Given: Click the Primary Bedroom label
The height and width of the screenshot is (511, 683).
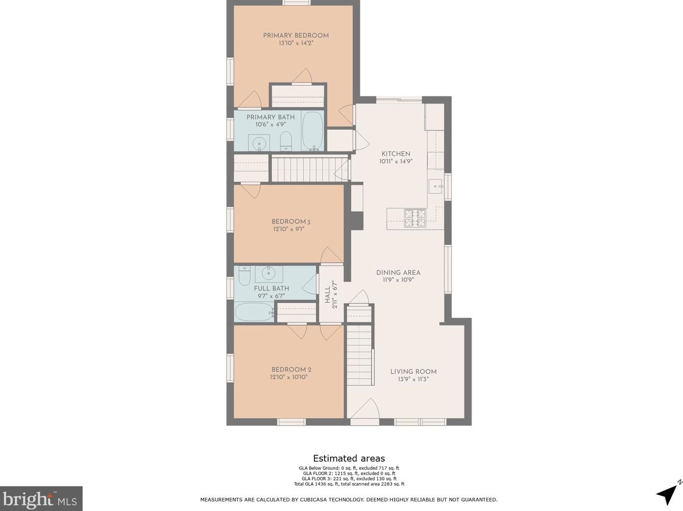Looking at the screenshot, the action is pos(296,35).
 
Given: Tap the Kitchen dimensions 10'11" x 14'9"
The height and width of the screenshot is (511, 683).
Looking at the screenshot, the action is pos(396,162).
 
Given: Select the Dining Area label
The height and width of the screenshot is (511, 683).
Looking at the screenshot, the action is pos(398,273).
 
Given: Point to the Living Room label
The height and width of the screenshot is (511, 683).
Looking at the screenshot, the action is pos(413,372).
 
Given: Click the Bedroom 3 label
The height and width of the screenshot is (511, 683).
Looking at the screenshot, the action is pos(291,222).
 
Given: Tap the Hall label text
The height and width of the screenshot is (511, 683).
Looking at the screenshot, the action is pos(328,295).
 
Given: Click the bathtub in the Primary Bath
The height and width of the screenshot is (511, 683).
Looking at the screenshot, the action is pos(313,131).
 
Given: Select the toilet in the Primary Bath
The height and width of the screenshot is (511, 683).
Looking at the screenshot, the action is pos(285,141).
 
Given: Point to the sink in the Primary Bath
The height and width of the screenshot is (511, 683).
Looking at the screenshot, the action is pos(259,143).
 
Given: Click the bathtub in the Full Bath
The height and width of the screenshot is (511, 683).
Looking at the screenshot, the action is pos(255,312).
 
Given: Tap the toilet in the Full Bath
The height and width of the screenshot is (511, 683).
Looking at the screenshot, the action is pos(244,276).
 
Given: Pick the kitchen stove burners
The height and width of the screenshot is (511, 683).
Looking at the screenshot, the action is pos(415,218).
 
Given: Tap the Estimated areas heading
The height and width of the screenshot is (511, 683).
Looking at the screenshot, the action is pos(349,459).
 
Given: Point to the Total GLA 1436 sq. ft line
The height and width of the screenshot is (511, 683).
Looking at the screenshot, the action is pos(349,484).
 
